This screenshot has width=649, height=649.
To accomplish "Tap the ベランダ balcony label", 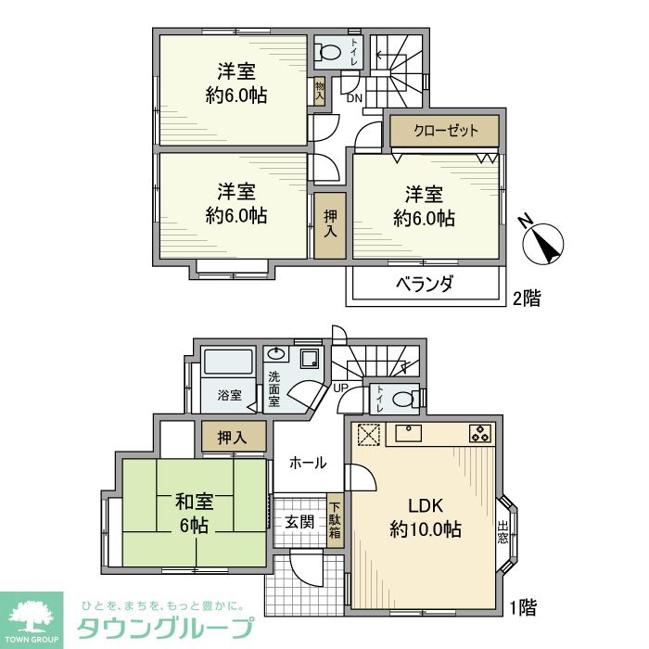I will pos(427,285).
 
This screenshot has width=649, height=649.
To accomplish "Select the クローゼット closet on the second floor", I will pos(445,131).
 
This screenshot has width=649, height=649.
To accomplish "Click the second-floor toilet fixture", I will pos(327,51).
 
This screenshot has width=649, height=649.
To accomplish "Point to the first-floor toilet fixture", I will pos(401,399).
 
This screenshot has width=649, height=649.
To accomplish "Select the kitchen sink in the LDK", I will pos(409,431).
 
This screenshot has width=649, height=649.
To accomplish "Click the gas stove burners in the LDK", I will pos(480,432).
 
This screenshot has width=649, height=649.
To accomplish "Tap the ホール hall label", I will pos(306,462).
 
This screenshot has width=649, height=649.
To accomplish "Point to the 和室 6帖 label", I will pos(195,513).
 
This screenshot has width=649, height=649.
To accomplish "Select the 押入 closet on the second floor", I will pos(329,226).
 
